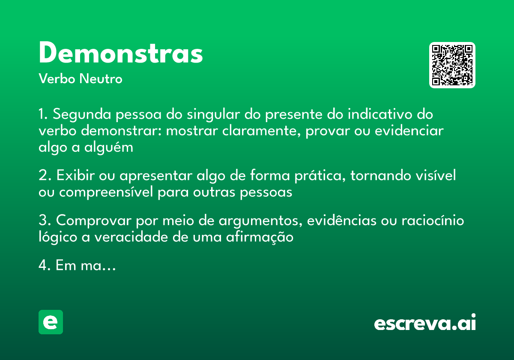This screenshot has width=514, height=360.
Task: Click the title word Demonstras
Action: coord(121,53)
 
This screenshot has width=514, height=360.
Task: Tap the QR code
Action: coord(452,65)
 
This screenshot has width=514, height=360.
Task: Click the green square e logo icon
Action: coord(51,322)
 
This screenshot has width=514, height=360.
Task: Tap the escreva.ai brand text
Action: coord(425,323)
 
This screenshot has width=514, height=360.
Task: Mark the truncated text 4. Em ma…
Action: coord(77,266)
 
